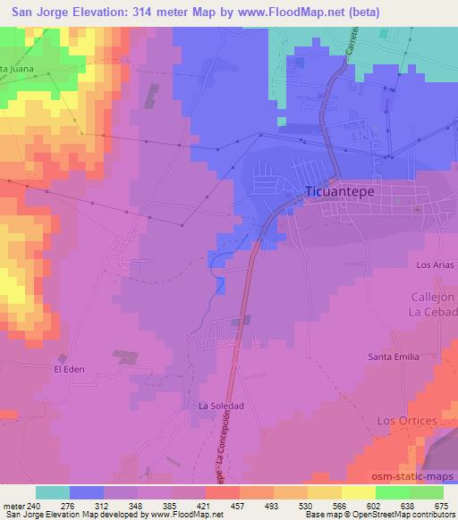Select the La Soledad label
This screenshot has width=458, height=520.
click(x=221, y=406)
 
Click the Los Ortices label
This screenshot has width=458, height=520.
click(x=407, y=420)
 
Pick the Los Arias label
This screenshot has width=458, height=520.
click(x=436, y=265)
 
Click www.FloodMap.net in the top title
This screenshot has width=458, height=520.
click(x=294, y=13)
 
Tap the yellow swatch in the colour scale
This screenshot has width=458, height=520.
click(x=358, y=492)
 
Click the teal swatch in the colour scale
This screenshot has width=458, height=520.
click(x=53, y=492)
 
